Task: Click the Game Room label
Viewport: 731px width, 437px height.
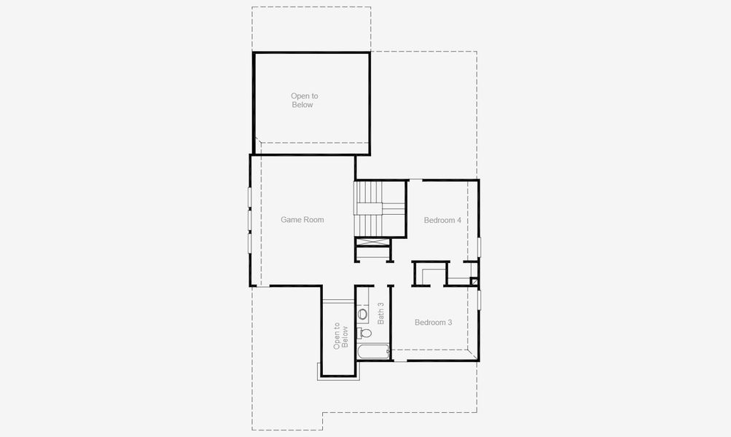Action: pos(302,219)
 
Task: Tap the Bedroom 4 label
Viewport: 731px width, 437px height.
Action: pos(442,220)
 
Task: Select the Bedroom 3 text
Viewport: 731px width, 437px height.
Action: pos(433,322)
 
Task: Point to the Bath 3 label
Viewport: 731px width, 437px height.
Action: pos(380,312)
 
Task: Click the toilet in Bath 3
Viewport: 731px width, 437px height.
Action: pos(364,333)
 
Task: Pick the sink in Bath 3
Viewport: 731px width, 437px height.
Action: pos(362,315)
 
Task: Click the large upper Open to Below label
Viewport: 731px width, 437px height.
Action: pos(304,101)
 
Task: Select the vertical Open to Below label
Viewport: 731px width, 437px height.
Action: pos(340,336)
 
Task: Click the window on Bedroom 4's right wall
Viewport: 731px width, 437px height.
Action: pos(479,246)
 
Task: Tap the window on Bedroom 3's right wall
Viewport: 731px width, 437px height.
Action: pos(479,300)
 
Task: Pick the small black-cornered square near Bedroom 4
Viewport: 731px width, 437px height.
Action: pos(474,281)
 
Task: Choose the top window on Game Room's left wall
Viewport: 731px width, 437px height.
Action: pos(249,197)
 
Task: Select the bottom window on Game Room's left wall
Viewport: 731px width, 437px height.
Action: pos(249,242)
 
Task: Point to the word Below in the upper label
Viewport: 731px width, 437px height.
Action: pos(302,105)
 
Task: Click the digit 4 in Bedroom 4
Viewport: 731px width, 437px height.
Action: pos(458,220)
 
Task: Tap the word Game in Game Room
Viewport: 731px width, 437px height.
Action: pos(291,219)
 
